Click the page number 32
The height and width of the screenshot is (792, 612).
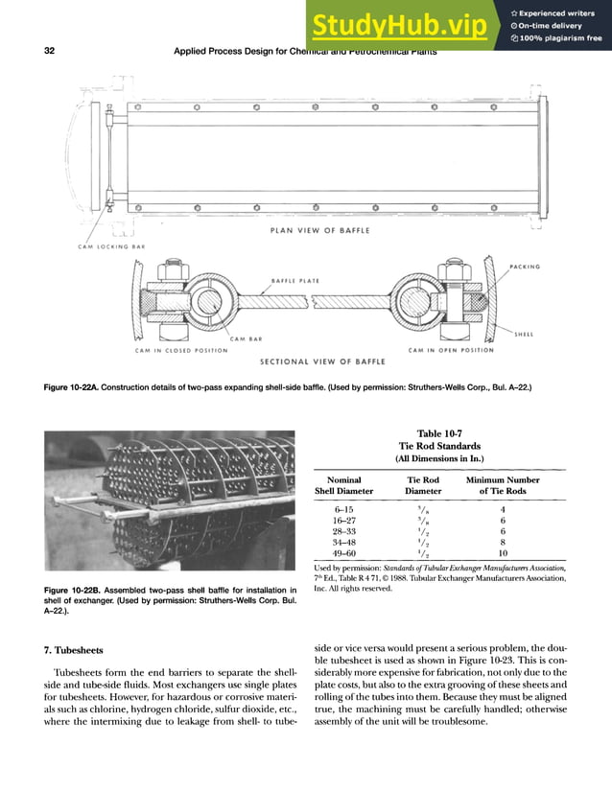click(x=49, y=52)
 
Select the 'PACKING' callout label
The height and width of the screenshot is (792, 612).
click(x=525, y=266)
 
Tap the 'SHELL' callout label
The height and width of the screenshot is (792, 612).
click(x=525, y=335)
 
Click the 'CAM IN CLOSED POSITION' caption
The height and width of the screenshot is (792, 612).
click(x=181, y=350)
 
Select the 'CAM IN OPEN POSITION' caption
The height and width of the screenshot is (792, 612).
click(x=449, y=350)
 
